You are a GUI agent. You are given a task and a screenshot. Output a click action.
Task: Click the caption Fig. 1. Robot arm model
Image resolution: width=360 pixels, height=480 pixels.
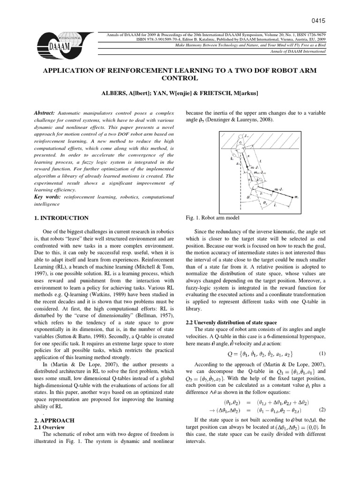click(210, 218)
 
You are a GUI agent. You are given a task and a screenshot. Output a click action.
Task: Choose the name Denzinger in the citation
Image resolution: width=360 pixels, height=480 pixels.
click(217, 121)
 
